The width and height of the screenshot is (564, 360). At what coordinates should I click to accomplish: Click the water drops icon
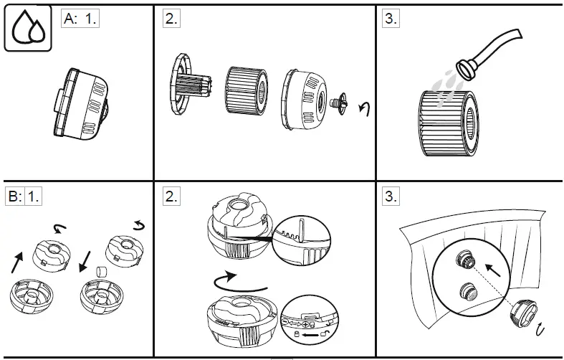pos(27,29)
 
